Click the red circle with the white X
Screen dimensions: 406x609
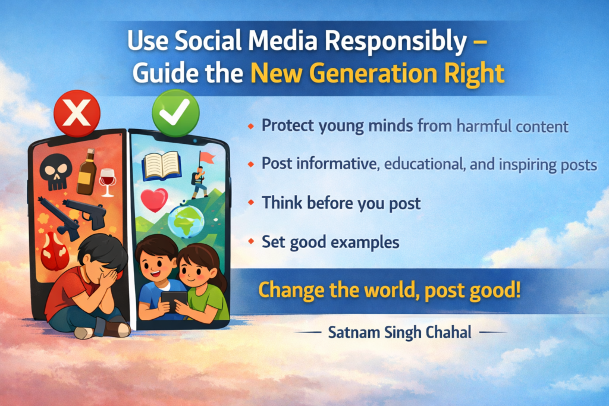(x=77, y=113)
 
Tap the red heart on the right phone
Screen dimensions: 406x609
(x=153, y=200)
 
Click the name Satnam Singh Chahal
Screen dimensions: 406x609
(x=400, y=332)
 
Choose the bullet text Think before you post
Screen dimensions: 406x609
(x=341, y=203)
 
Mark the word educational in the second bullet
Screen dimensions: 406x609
(x=423, y=165)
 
